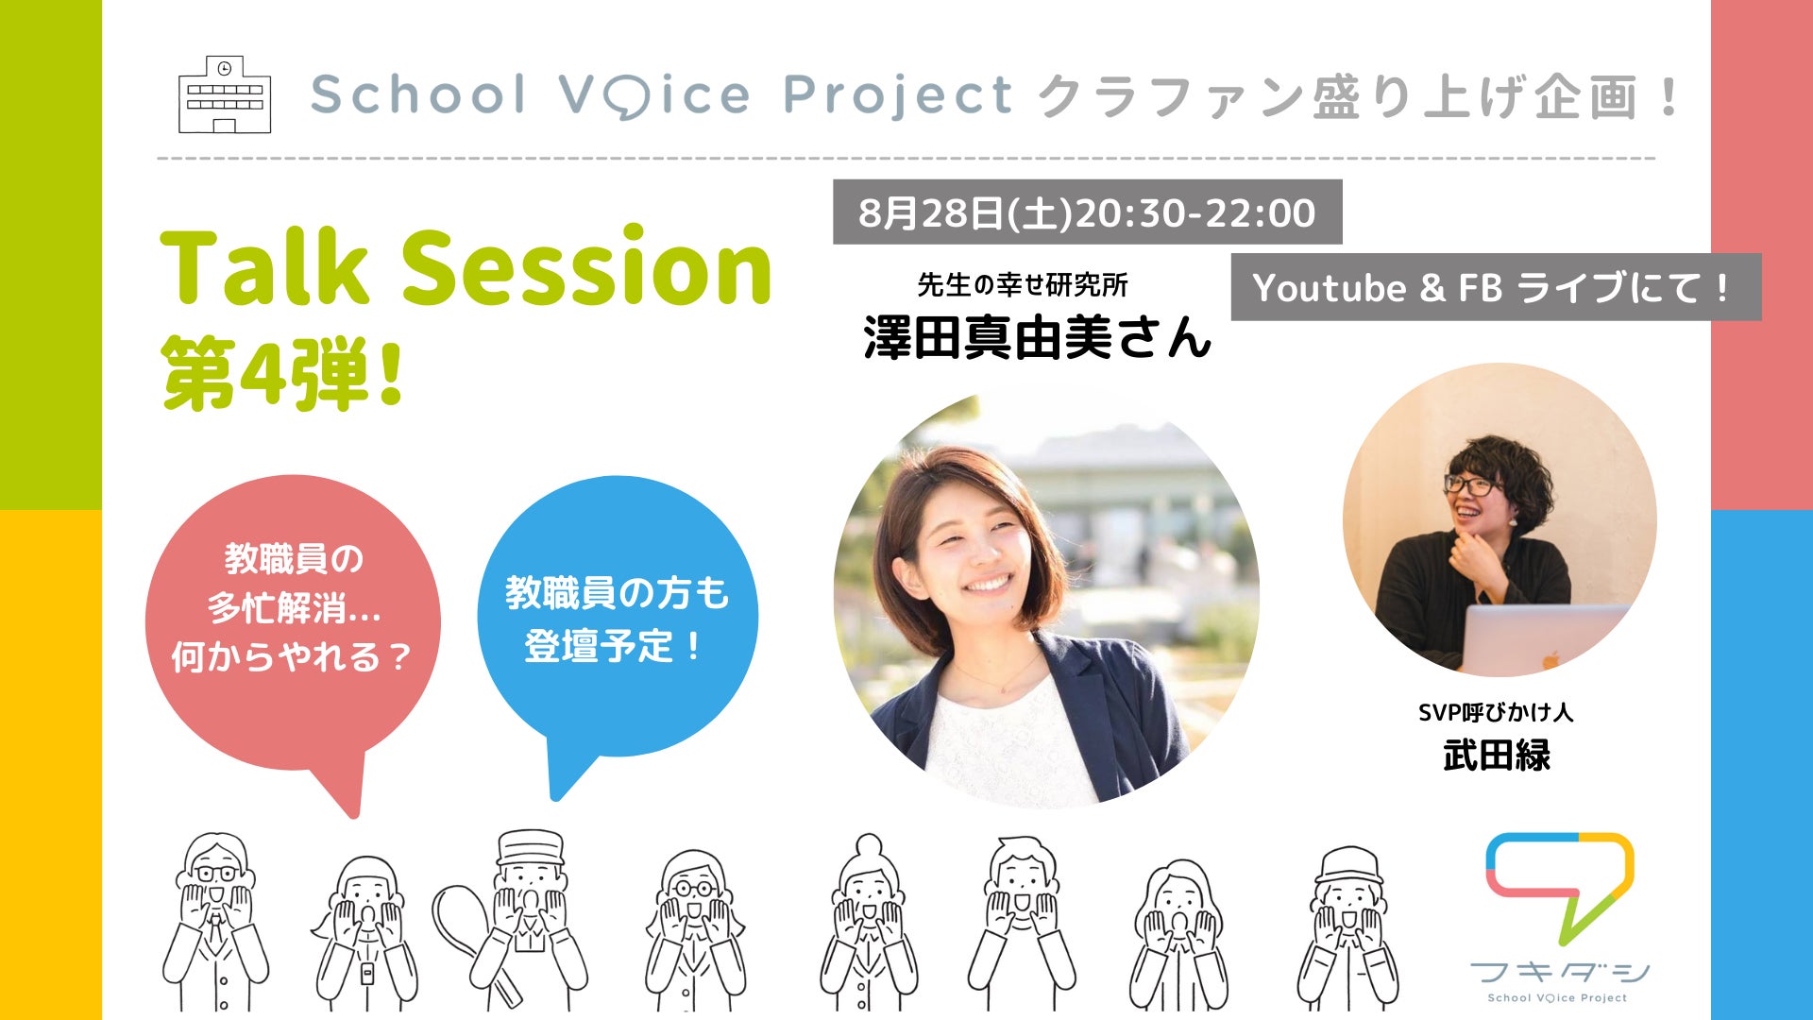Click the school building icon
[x=225, y=94]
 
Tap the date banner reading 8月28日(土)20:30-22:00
[x=1087, y=212]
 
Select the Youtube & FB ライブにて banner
[x=1496, y=287]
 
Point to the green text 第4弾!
[x=283, y=374]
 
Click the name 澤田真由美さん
[x=1037, y=337]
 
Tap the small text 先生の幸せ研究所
[x=1023, y=284]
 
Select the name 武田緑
[x=1497, y=756]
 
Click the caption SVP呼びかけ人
[x=1496, y=712]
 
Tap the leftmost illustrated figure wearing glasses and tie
[x=216, y=921]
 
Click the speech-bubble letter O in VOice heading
[x=623, y=96]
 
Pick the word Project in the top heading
[x=898, y=96]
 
